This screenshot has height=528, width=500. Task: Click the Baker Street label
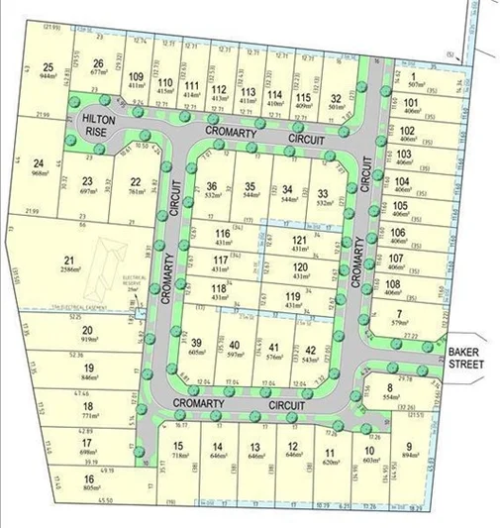466,358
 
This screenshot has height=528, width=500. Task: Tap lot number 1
412,78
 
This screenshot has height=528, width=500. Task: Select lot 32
337,97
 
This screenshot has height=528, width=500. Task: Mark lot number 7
400,313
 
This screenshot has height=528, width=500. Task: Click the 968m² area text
41,173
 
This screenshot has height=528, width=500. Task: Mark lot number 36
212,186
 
